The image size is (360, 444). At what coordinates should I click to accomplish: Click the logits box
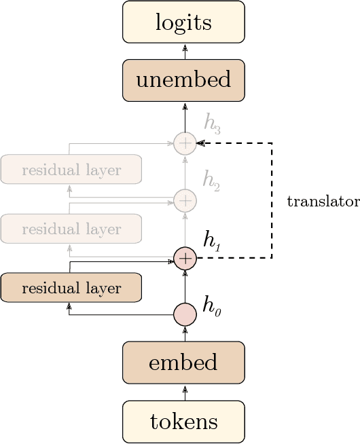183,22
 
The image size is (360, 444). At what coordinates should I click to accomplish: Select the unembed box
183,80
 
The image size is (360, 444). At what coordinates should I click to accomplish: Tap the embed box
183,363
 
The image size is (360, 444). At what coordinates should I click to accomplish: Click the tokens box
183,422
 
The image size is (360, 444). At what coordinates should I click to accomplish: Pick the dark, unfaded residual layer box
71,288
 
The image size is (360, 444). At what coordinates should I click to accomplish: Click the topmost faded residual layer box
71,170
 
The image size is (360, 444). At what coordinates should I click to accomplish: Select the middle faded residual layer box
71,229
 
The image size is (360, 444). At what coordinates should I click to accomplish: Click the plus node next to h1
185,259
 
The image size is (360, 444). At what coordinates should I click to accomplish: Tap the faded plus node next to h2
185,200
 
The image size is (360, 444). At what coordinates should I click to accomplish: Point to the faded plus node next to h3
185,143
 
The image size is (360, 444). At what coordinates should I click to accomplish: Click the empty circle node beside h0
185,316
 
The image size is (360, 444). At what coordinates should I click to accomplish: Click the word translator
323,202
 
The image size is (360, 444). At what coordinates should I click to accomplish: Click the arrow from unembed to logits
185,51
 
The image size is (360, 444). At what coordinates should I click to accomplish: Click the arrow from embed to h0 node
185,334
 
